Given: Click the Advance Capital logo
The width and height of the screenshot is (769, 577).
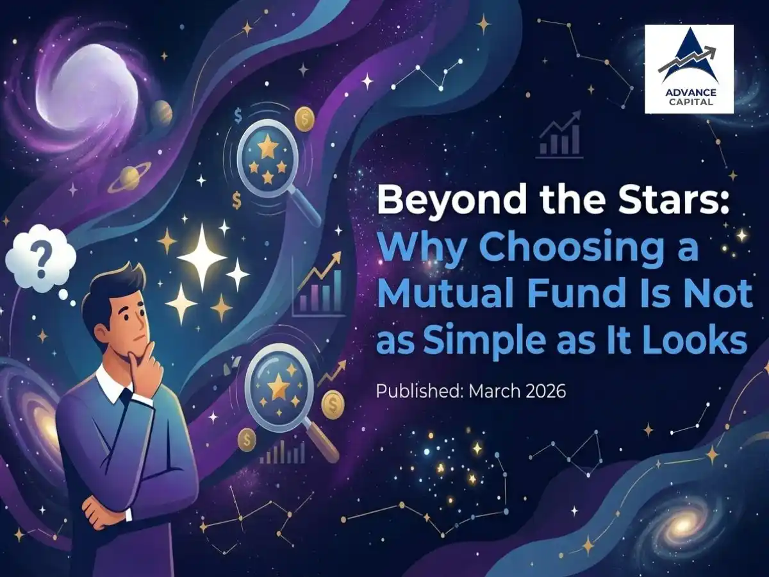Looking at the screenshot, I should click(x=689, y=69).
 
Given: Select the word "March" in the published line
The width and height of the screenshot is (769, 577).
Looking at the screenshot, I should click(x=485, y=391).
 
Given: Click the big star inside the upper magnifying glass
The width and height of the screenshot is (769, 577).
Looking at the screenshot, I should click(x=267, y=149).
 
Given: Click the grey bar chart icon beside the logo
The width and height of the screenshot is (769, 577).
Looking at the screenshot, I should click(x=559, y=138).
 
